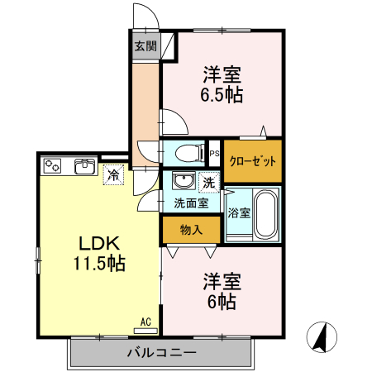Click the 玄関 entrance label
tap(145, 46)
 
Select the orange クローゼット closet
tap(252, 161)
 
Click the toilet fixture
tap(185, 152)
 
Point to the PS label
tap(213, 153)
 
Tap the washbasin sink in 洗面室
tap(183, 181)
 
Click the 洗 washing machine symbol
tap(209, 181)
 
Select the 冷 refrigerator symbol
tap(112, 174)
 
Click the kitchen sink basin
tap(83, 166)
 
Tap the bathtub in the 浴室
tap(265, 212)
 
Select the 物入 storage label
tap(191, 230)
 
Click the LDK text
tap(100, 244)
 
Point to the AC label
tap(145, 322)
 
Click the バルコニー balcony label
tap(161, 353)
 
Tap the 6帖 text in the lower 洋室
tap(220, 302)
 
